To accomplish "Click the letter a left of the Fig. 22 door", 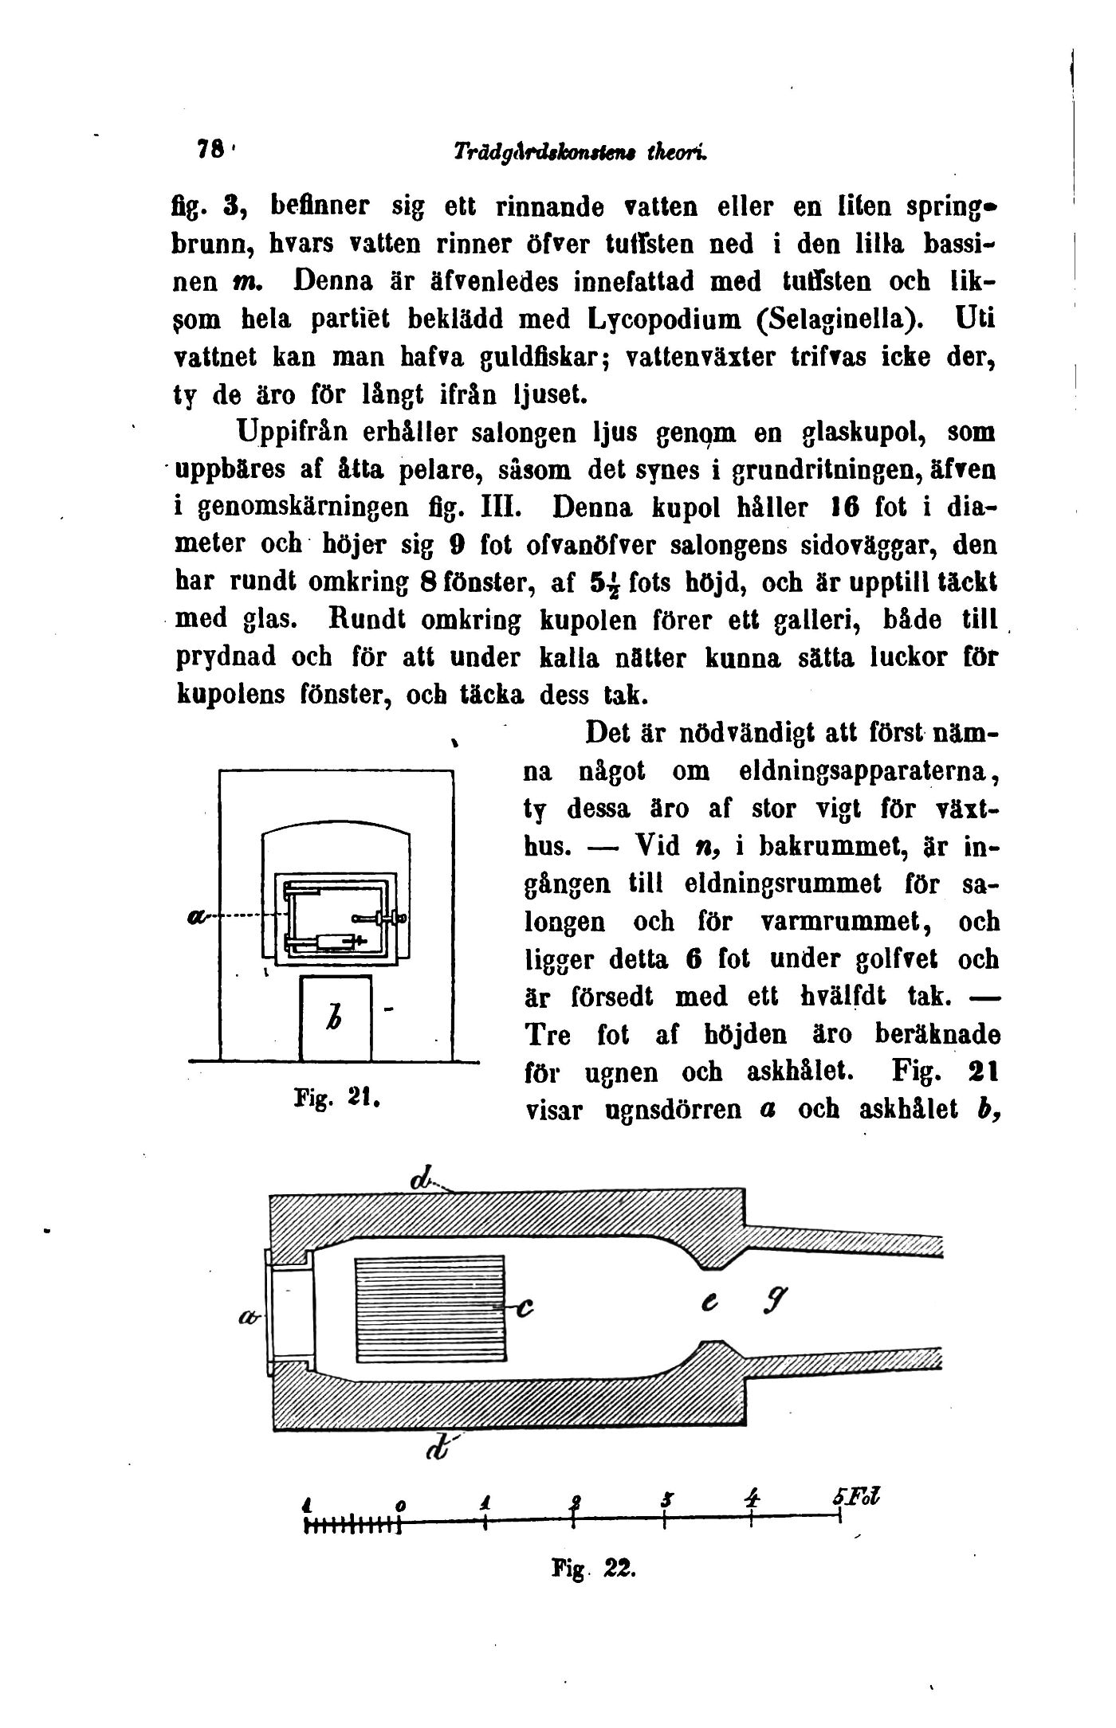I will tap(244, 1319).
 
